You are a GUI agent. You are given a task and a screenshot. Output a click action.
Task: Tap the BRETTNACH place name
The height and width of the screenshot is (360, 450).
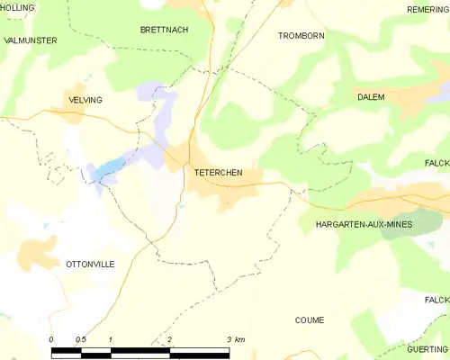[x=164, y=30]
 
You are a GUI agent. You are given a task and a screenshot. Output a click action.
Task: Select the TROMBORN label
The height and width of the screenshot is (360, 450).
[x=301, y=36]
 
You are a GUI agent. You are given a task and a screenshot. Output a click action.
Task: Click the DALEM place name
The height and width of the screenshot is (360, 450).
[x=370, y=96]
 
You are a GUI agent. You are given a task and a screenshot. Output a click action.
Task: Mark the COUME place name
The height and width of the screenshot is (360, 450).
[x=310, y=320]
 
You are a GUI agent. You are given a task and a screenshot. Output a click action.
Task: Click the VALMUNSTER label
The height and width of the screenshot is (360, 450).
[x=31, y=40]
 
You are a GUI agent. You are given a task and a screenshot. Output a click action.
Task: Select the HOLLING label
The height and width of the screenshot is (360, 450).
[x=18, y=7]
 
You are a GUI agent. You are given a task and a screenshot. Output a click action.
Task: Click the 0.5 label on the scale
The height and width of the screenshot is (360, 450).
[x=80, y=339]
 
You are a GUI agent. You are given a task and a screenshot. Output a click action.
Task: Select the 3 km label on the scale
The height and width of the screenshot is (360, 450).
[x=236, y=339]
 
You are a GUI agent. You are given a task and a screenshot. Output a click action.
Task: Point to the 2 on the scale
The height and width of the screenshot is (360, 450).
[x=169, y=339]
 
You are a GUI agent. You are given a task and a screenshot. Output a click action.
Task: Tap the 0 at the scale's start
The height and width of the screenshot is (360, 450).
[x=51, y=339]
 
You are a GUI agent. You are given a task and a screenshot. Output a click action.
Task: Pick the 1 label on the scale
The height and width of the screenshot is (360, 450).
[x=110, y=339]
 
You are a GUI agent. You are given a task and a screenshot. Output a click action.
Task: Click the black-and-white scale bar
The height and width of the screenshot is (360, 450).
[x=139, y=350]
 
